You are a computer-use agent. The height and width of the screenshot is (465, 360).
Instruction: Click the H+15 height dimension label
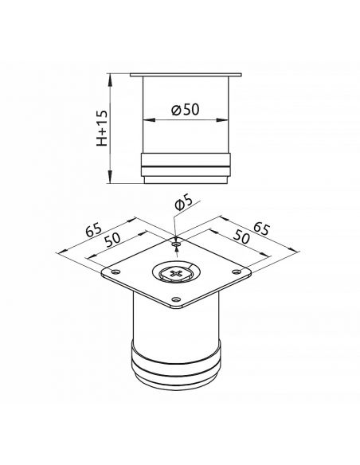click(101, 128)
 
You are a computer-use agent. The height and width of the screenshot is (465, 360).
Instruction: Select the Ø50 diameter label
click(186, 109)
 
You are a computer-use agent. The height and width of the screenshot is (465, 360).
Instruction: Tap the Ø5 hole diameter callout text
click(183, 203)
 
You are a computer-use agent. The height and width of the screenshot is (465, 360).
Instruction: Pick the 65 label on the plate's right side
click(262, 229)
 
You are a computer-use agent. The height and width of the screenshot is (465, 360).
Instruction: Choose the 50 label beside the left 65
click(112, 239)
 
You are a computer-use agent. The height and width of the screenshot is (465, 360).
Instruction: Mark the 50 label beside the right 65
click(241, 236)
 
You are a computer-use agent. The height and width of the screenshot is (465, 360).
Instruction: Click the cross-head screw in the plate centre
click(177, 273)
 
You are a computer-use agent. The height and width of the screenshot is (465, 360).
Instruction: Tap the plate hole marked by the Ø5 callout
click(177, 244)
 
